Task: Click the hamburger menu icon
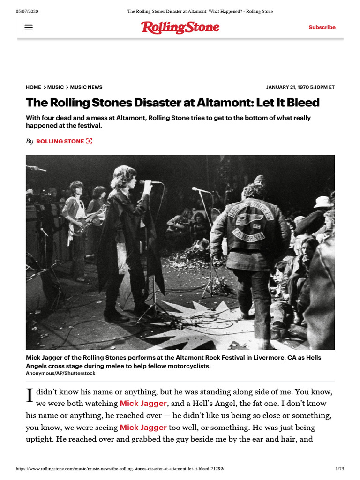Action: pyautogui.click(x=29, y=28)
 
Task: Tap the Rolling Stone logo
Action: pyautogui.click(x=180, y=28)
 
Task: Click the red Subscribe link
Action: pyautogui.click(x=322, y=28)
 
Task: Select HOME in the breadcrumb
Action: pyautogui.click(x=34, y=87)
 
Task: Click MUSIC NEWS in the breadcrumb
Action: pyautogui.click(x=86, y=87)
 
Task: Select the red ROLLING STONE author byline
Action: pyautogui.click(x=60, y=141)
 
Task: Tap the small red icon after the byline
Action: pyautogui.click(x=89, y=141)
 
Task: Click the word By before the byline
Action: pyautogui.click(x=30, y=141)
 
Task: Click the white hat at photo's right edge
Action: pyautogui.click(x=323, y=202)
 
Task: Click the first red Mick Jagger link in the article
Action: pyautogui.click(x=143, y=403)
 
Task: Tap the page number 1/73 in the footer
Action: pyautogui.click(x=339, y=469)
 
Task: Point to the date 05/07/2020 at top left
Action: pyautogui.click(x=27, y=11)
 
